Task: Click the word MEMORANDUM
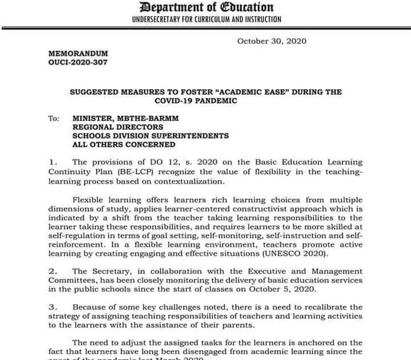tap(78, 53)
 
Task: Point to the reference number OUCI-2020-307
tap(78, 62)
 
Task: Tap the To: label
tap(54, 118)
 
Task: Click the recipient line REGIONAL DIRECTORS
tap(118, 127)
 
